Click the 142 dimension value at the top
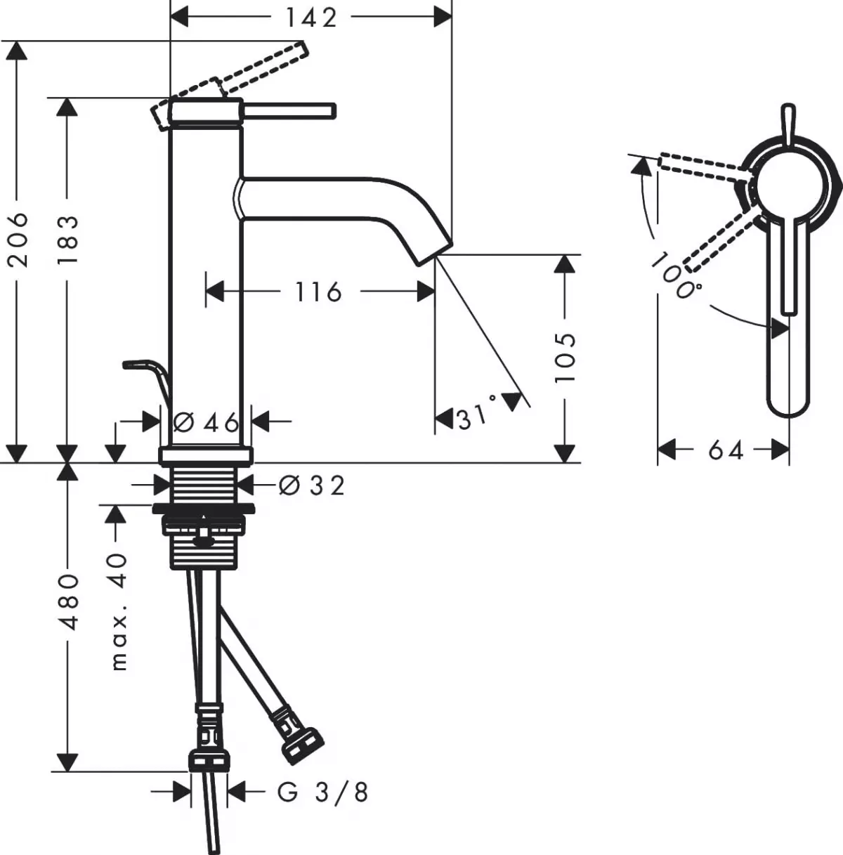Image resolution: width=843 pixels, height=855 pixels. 311,18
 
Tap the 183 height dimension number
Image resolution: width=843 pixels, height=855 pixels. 67,240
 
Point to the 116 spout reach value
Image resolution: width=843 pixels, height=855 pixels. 318,292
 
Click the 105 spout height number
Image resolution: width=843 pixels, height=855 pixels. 565,357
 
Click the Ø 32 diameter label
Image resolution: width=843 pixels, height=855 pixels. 311,485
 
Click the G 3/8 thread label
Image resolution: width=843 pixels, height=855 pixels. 322,792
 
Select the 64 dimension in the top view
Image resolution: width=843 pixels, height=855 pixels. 725,450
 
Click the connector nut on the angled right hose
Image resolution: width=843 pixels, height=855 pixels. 303,743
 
